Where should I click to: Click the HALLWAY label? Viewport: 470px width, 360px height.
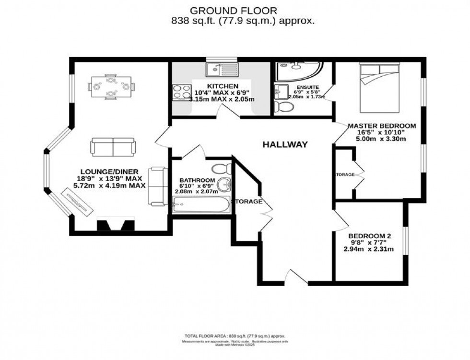pyautogui.click(x=284, y=144)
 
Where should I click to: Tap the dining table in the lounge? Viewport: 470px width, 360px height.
pyautogui.click(x=111, y=87)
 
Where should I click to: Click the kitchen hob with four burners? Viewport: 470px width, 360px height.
pyautogui.click(x=182, y=92)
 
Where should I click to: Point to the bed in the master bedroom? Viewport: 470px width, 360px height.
pyautogui.click(x=378, y=86)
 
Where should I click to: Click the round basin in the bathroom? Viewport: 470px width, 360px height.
pyautogui.click(x=224, y=184)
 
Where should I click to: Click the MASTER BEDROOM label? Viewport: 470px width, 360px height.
pyautogui.click(x=382, y=126)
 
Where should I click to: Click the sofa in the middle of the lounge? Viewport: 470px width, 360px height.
pyautogui.click(x=113, y=147)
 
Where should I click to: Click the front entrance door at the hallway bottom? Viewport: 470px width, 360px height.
pyautogui.click(x=293, y=277)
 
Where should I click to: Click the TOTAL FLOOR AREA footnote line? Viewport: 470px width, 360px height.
pyautogui.click(x=235, y=336)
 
